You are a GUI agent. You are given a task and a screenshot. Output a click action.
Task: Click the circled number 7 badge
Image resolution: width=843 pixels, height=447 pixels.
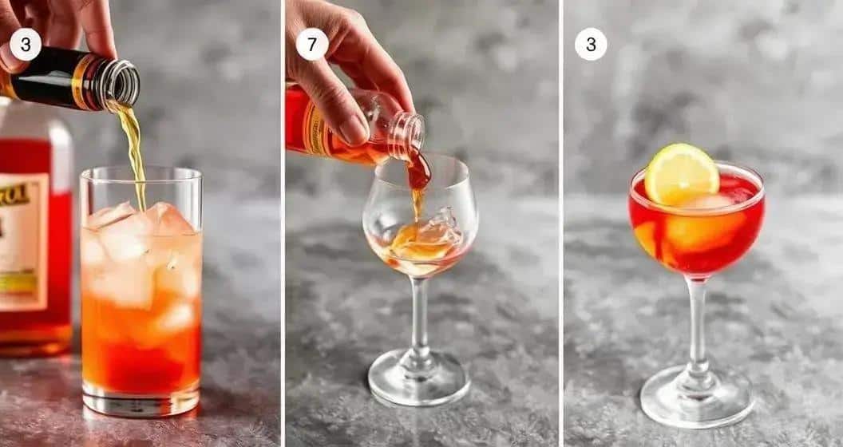click(311, 44)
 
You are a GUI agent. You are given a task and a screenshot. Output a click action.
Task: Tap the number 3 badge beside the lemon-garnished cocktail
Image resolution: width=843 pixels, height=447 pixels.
click(591, 44)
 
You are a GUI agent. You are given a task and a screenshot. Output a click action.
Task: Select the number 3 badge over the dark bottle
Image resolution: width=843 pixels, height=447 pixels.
click(25, 44)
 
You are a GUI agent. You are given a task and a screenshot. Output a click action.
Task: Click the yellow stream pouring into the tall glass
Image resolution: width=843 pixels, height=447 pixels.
click(136, 152)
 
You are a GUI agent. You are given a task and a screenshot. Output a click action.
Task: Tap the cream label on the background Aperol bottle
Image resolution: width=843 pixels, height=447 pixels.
click(22, 239)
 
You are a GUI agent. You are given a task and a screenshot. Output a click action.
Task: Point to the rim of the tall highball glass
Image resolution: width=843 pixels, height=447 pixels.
click(140, 170)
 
